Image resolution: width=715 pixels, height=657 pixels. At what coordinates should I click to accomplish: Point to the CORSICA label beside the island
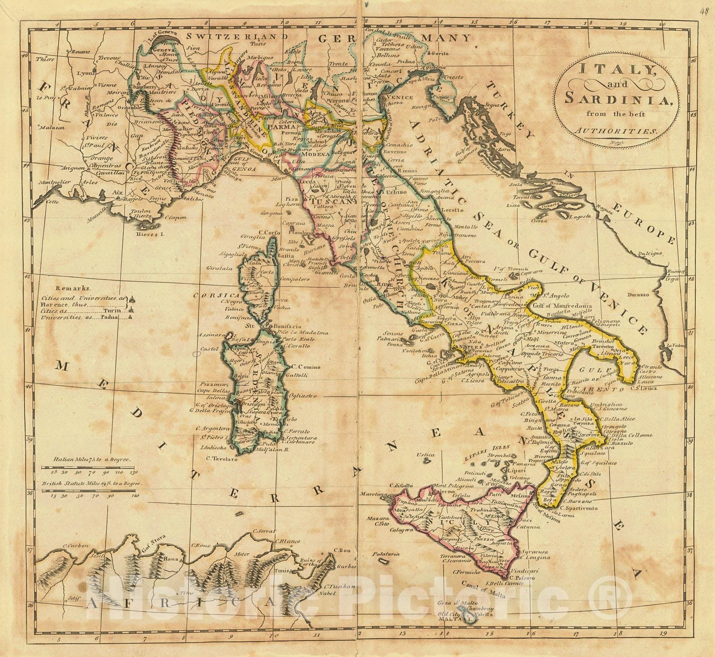point(211,295)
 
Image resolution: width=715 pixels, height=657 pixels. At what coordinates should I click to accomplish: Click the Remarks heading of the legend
point(70,289)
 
